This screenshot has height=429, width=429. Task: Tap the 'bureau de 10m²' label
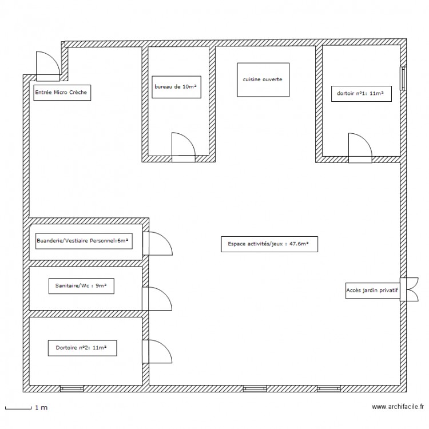[x=176, y=87]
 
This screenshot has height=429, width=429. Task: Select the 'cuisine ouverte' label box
[x=263, y=80]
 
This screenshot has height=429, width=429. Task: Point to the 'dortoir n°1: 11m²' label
[x=360, y=93]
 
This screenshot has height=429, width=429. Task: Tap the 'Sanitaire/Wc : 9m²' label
[x=81, y=285]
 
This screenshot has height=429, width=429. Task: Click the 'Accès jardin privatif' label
[x=372, y=290]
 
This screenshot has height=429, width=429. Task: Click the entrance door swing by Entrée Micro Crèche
[x=48, y=66]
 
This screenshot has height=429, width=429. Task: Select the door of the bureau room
[x=184, y=147]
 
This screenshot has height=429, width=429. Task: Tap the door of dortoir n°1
[x=360, y=148]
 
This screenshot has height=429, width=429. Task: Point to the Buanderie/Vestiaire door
[x=158, y=244]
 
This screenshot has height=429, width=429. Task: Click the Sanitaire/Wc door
[x=157, y=299]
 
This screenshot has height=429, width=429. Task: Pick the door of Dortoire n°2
[x=157, y=352]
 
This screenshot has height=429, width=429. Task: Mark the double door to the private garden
[x=410, y=289]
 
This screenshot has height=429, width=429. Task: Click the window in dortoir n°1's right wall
[x=403, y=78]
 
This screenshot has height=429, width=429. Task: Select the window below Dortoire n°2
[x=71, y=388]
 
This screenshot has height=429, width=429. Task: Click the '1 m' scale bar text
[x=41, y=408]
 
